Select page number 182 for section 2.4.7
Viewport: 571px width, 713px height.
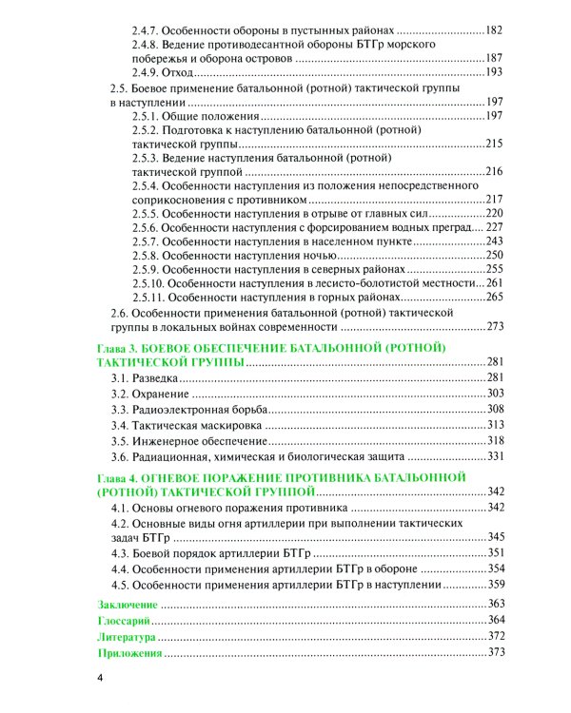493,30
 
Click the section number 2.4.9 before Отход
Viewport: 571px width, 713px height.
146,72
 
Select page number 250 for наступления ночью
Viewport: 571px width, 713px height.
494,256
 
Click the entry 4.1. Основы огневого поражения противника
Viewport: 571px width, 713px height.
227,508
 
